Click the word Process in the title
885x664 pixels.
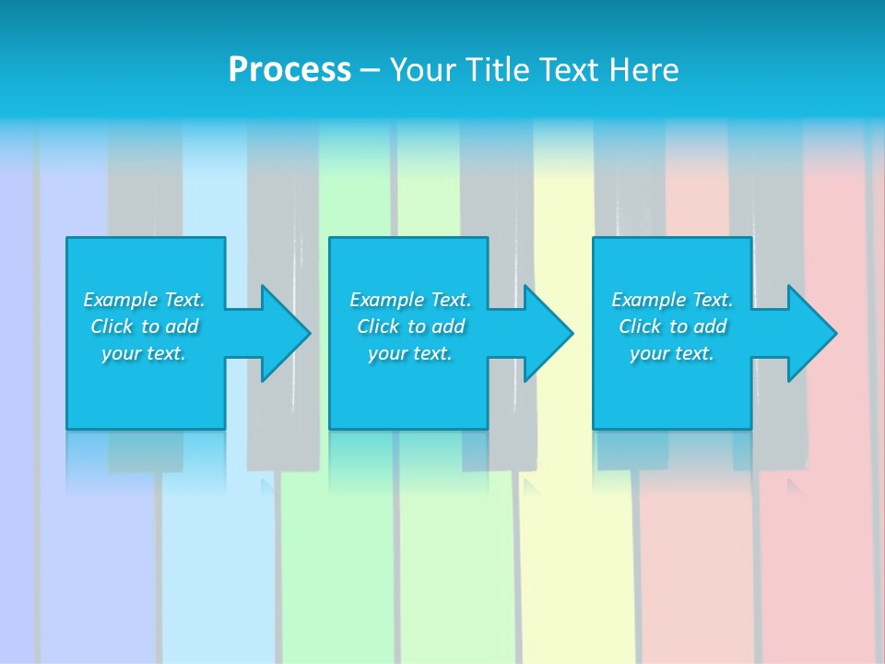point(289,70)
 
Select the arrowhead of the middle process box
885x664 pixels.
point(547,334)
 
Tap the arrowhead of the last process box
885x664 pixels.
point(810,334)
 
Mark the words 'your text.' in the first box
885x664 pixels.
point(144,353)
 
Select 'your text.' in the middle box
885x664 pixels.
point(410,353)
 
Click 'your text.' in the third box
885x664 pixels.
point(672,353)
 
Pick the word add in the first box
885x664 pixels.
point(183,326)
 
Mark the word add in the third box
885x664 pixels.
point(711,326)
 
